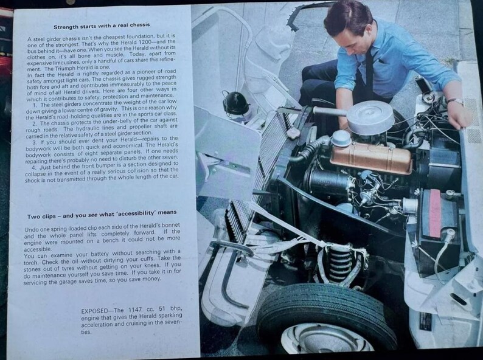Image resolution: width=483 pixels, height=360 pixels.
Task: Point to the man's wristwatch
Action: [x=454, y=101]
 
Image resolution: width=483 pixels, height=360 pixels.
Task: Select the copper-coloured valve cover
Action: [x=371, y=156]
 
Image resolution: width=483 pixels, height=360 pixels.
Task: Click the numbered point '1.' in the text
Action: [x=36, y=106]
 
